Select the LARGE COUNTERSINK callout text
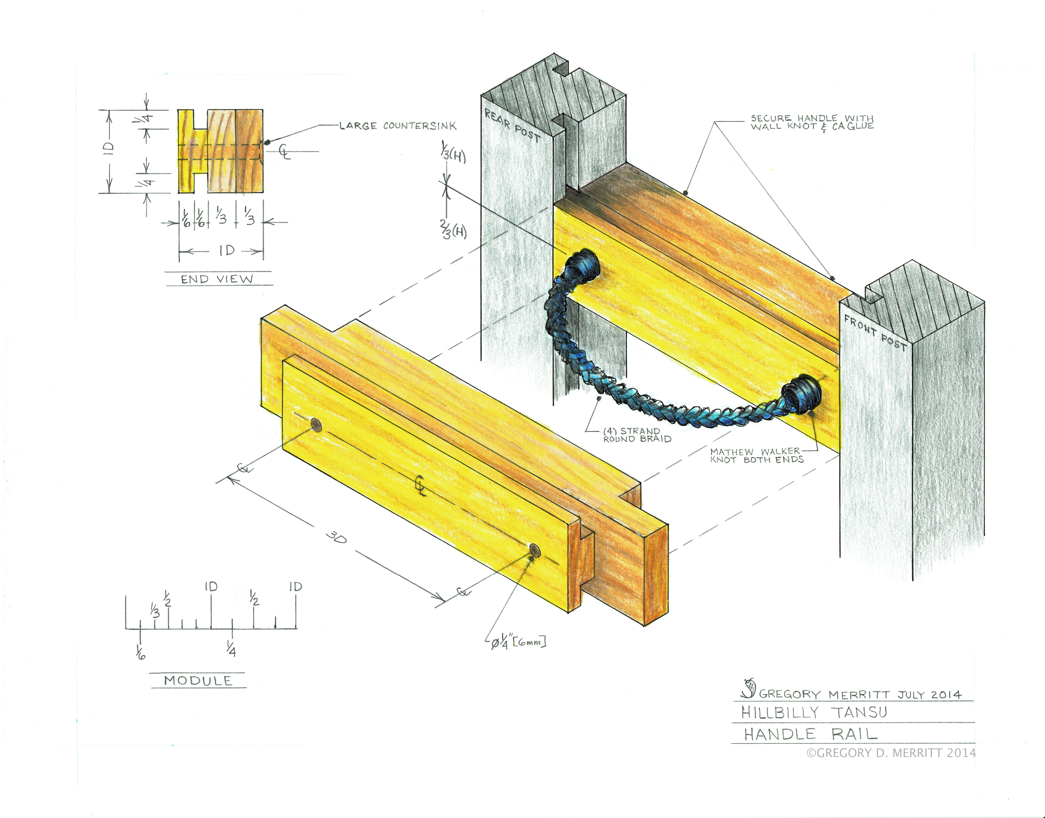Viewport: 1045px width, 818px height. tap(398, 126)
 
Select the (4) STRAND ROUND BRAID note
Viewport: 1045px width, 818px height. tap(636, 435)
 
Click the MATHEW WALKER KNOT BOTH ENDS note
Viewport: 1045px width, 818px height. tap(756, 456)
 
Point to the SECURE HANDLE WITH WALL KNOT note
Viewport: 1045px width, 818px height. tap(812, 122)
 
